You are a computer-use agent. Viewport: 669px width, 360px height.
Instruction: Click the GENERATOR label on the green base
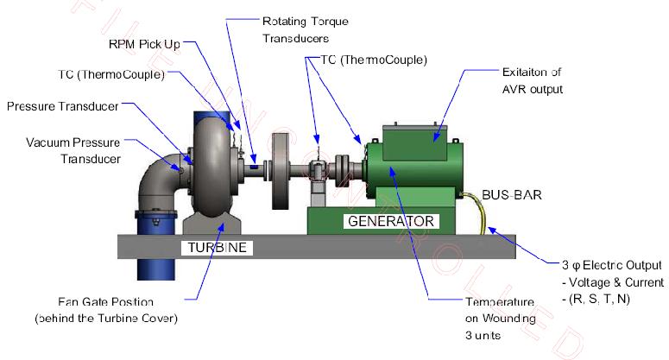[x=389, y=221]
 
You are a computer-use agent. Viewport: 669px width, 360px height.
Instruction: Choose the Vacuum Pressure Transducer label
[x=73, y=150]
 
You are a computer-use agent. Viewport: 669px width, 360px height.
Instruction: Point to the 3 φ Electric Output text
[x=608, y=266]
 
